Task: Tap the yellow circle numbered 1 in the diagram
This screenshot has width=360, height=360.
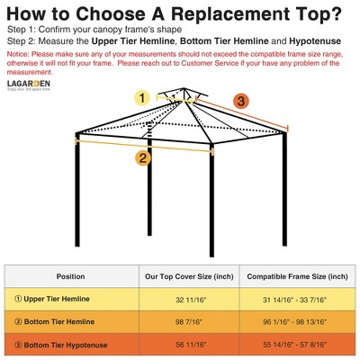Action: pos(141,97)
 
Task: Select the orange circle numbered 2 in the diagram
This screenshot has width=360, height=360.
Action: pos(142,158)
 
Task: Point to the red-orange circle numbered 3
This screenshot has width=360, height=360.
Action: pos(241,101)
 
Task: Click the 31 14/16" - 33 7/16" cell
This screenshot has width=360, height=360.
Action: pos(297,298)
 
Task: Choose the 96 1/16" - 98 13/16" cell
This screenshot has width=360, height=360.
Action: pos(297,321)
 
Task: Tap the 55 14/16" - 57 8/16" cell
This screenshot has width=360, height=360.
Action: pos(297,344)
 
